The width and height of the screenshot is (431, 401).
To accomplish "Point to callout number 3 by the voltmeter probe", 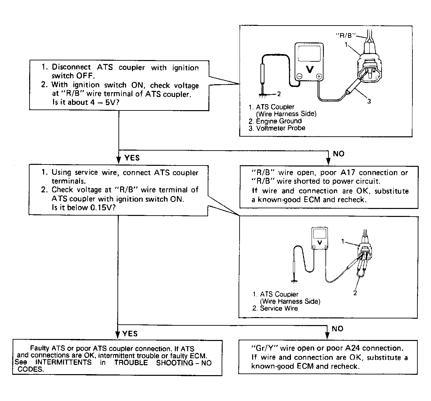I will coord(369,101).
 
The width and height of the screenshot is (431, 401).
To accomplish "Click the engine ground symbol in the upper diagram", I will coord(263,95).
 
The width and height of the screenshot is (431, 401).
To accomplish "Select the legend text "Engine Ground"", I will coord(279,121).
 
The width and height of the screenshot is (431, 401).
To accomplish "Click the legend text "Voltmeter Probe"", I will coord(281,128).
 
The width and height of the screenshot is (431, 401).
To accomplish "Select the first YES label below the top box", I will coord(132,158).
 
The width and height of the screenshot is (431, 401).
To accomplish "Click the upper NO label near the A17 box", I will coord(338,154).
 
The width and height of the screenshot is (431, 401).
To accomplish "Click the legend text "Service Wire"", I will coord(279,308).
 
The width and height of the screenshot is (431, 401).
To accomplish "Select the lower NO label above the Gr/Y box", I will coord(337,329).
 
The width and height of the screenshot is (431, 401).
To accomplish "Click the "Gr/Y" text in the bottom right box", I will coord(261,348).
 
